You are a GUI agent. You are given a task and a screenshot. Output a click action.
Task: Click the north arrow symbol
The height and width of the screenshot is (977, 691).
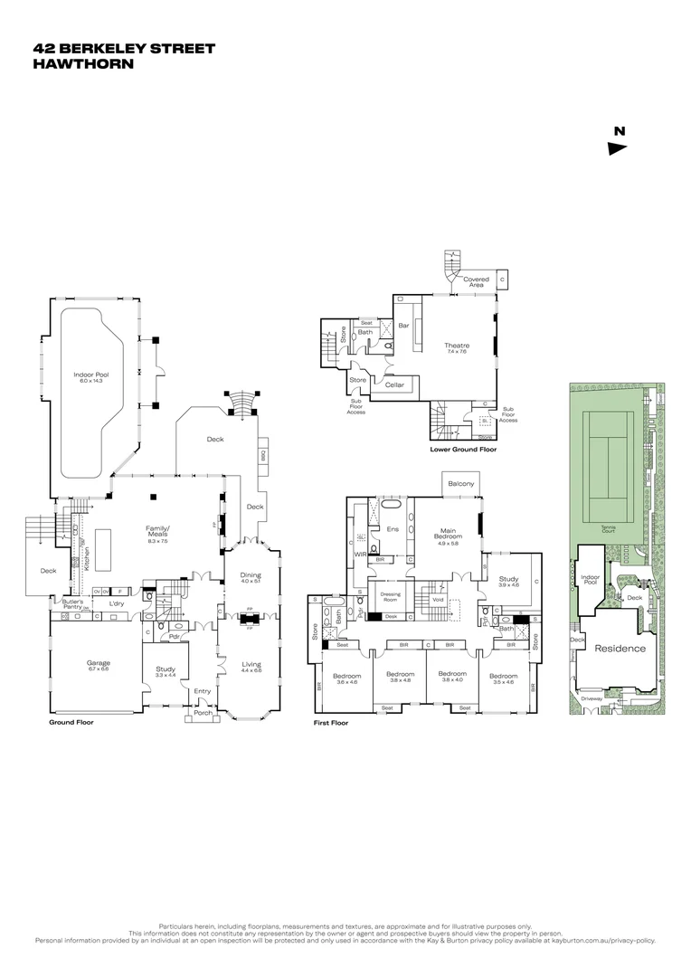[x=618, y=148]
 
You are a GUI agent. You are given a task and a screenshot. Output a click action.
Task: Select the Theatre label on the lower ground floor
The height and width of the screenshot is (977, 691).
[x=456, y=345]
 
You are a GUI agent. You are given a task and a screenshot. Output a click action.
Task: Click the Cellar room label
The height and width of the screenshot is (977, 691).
[x=394, y=385]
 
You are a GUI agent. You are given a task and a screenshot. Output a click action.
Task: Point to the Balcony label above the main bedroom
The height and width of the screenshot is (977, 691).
[x=460, y=484]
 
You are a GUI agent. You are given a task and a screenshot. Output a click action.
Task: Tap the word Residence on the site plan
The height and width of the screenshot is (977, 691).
[x=620, y=648]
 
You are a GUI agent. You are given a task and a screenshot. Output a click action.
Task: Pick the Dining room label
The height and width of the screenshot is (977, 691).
[x=251, y=575]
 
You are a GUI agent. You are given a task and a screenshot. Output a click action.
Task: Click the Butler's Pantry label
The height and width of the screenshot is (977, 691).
[x=72, y=604]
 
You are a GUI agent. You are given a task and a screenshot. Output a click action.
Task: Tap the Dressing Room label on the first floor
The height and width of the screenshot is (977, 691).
[x=391, y=597]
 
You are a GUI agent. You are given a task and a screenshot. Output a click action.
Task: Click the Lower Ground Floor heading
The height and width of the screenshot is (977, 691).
[x=463, y=449]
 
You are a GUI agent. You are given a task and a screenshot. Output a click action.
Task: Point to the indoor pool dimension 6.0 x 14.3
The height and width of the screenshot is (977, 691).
[x=90, y=381]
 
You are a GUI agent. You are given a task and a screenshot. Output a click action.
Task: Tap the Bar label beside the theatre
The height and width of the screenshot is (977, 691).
[x=404, y=326]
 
